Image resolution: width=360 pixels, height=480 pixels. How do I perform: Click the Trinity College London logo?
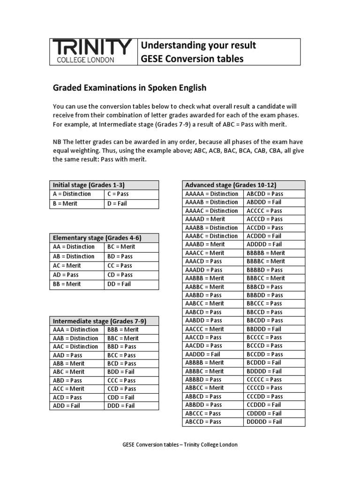coord(92,51)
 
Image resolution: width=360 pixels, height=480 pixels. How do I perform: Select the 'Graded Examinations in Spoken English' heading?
coord(129,88)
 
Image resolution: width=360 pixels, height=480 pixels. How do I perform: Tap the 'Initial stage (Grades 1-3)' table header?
coord(89,185)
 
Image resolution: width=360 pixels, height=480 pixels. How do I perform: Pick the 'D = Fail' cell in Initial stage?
coord(117,203)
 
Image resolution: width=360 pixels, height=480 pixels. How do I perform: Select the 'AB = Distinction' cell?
coord(74,256)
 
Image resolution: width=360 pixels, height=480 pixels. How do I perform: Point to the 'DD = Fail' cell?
coord(119,284)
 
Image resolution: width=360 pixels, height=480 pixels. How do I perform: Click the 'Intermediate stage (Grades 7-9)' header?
coord(99,321)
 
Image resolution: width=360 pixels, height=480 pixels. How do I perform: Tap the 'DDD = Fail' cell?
coord(121,405)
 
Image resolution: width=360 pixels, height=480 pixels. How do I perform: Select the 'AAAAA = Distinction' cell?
coord(211,194)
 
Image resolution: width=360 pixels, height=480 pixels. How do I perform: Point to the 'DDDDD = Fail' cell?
coord(264,421)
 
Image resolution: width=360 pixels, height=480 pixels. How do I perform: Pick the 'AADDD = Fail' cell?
coord(202,354)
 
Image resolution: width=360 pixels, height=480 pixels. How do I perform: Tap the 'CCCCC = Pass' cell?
coord(264,379)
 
